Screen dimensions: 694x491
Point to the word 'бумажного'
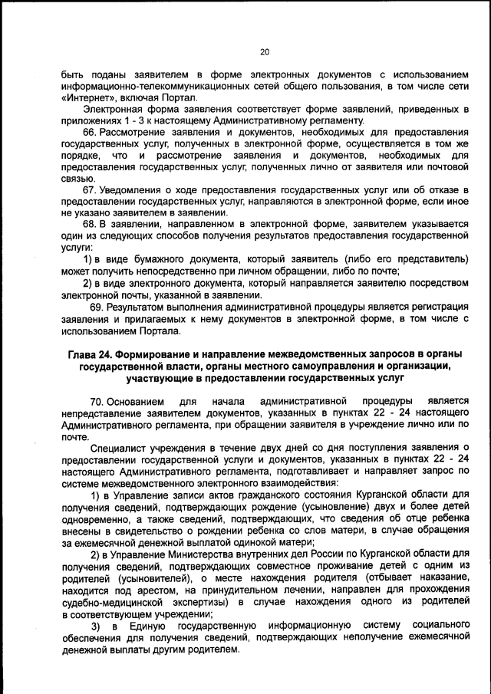tap(155, 260)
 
